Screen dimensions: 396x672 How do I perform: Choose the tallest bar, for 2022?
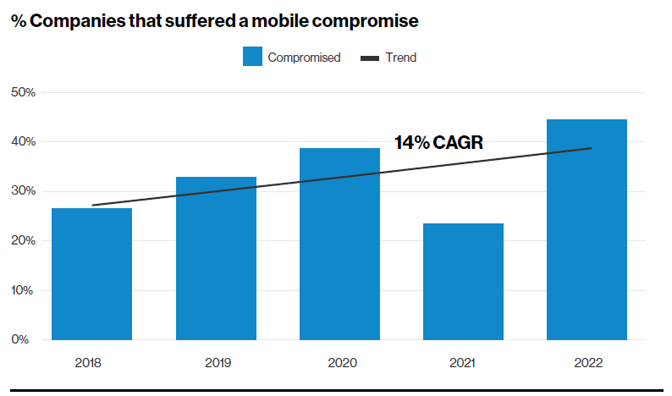coord(587,229)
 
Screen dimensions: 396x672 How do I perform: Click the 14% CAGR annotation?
coord(438,143)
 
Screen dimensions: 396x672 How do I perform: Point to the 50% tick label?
coord(24,92)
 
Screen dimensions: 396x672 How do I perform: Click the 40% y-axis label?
coord(24,142)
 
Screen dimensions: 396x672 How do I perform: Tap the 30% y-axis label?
coord(24,191)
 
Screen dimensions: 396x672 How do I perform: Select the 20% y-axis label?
coord(24,241)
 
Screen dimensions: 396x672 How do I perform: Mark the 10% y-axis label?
coord(24,290)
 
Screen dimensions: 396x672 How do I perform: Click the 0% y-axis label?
coord(26,340)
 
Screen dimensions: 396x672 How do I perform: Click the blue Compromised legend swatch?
coord(253,58)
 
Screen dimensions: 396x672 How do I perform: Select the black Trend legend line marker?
coord(370,58)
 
